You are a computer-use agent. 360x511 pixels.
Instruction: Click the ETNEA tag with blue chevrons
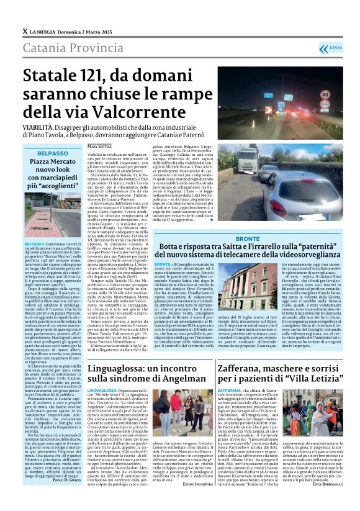point(335,47)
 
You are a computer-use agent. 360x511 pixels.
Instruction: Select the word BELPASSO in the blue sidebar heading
point(52,152)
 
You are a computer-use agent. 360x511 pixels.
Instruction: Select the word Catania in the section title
point(43,48)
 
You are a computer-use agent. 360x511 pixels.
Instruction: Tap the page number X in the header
point(24,31)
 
